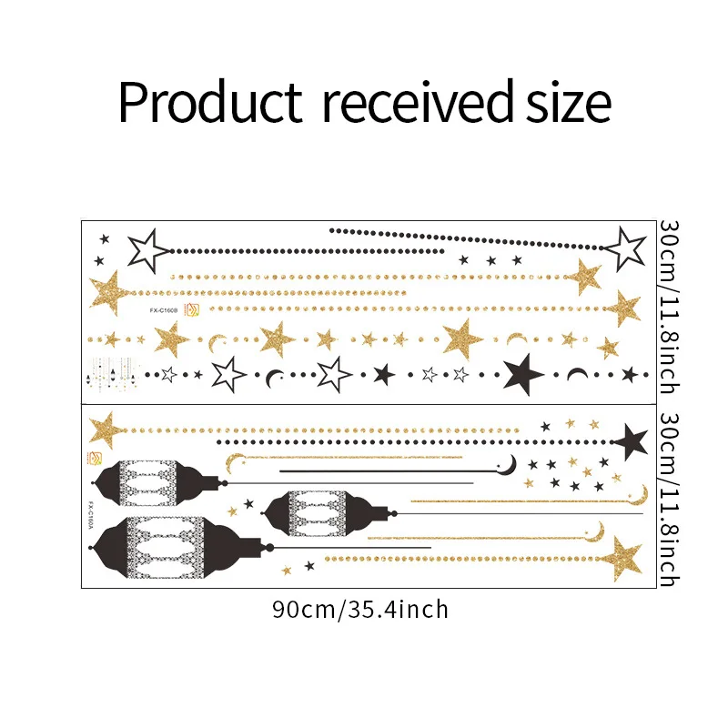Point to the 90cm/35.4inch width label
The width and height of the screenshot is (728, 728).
point(360,609)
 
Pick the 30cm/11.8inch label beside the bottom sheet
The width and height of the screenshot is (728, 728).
point(669,500)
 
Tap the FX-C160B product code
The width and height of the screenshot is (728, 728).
point(164,309)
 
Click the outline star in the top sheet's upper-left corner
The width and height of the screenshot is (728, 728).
point(146,250)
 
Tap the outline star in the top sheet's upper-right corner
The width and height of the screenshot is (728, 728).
point(625,248)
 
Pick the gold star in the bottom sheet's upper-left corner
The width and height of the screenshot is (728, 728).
point(106,429)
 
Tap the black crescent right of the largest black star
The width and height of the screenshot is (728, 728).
point(576,374)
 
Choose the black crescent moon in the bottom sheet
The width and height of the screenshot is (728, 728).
point(511,464)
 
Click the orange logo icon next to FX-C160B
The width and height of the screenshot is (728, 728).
point(192,309)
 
